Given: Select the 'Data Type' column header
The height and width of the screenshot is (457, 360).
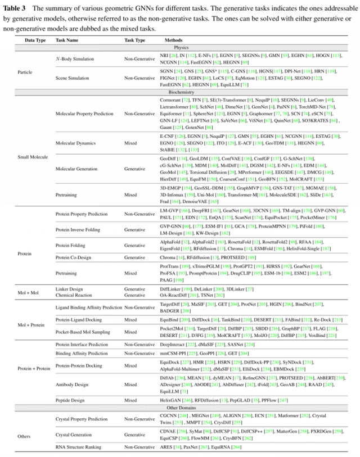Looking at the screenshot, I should tap(34, 40).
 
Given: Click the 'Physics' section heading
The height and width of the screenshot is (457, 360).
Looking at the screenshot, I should tap(180, 48).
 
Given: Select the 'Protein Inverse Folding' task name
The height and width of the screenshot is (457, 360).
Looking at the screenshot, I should tap(80, 229).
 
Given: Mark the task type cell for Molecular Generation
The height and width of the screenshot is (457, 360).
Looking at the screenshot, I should tap(134, 169).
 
